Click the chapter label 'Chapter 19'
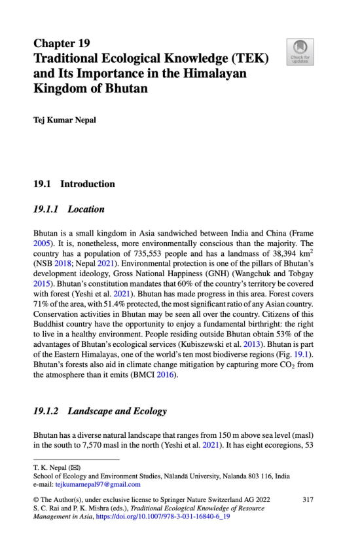(x=62, y=45)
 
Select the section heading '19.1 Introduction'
(x=74, y=184)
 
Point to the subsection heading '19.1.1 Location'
(x=69, y=210)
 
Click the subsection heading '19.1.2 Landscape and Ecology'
(x=99, y=411)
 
